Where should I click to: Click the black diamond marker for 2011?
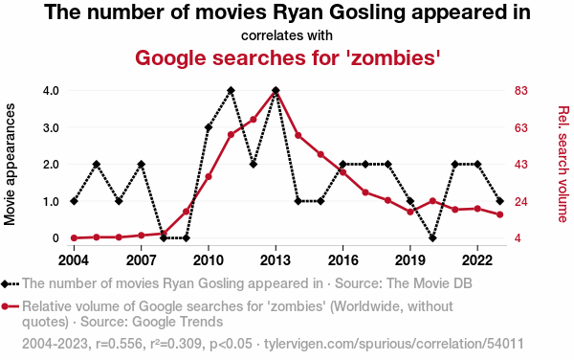pos(231,90)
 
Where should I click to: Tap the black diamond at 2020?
pos(432,238)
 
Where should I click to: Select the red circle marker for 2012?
pos(253,120)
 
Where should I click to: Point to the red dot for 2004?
pos(74,238)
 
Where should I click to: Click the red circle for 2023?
pos(499,214)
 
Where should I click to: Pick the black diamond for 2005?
pos(97,164)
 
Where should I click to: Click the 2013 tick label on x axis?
pos(276,260)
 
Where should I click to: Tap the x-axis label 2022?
pos(477,260)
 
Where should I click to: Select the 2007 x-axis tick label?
pos(142,260)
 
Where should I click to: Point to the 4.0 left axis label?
pos(51,90)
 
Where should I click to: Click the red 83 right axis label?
pos(521,90)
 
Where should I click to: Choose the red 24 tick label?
pos(521,201)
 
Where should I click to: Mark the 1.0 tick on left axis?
pos(51,201)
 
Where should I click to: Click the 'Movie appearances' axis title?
pos(10,164)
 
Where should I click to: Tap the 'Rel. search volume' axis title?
pos(563,164)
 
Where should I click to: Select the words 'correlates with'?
pos(287,35)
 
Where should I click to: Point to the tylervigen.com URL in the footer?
pos(394,344)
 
